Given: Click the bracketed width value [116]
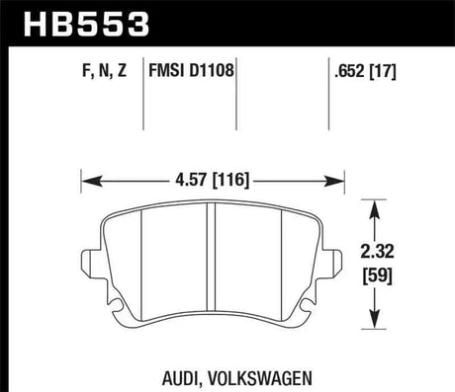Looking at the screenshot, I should (x=234, y=181).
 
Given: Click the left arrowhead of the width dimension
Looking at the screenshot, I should (x=87, y=181).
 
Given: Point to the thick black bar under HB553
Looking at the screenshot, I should (x=227, y=43).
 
